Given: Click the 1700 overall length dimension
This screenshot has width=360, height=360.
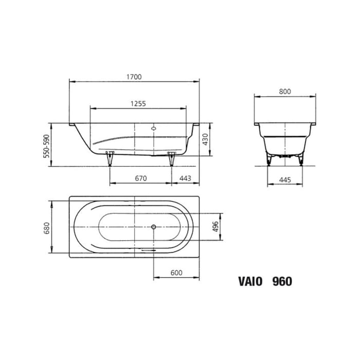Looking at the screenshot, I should coord(135,77).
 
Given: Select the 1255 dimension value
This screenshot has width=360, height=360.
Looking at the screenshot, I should coord(138,103).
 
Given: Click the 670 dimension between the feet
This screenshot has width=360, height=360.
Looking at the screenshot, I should coord(141,178).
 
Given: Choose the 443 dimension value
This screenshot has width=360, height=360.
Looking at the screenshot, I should coord(185,178).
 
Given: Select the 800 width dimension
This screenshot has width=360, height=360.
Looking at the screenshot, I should coord(285,92).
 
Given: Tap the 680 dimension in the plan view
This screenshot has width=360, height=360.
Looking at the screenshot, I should coord(46,226).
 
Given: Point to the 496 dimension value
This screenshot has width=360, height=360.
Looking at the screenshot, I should coord(216,226).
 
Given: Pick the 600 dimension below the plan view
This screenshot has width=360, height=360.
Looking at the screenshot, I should coord(176,273).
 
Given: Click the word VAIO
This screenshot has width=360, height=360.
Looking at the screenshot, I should coord(250,281).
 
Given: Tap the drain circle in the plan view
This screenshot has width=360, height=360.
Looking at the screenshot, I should coord(153,226).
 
